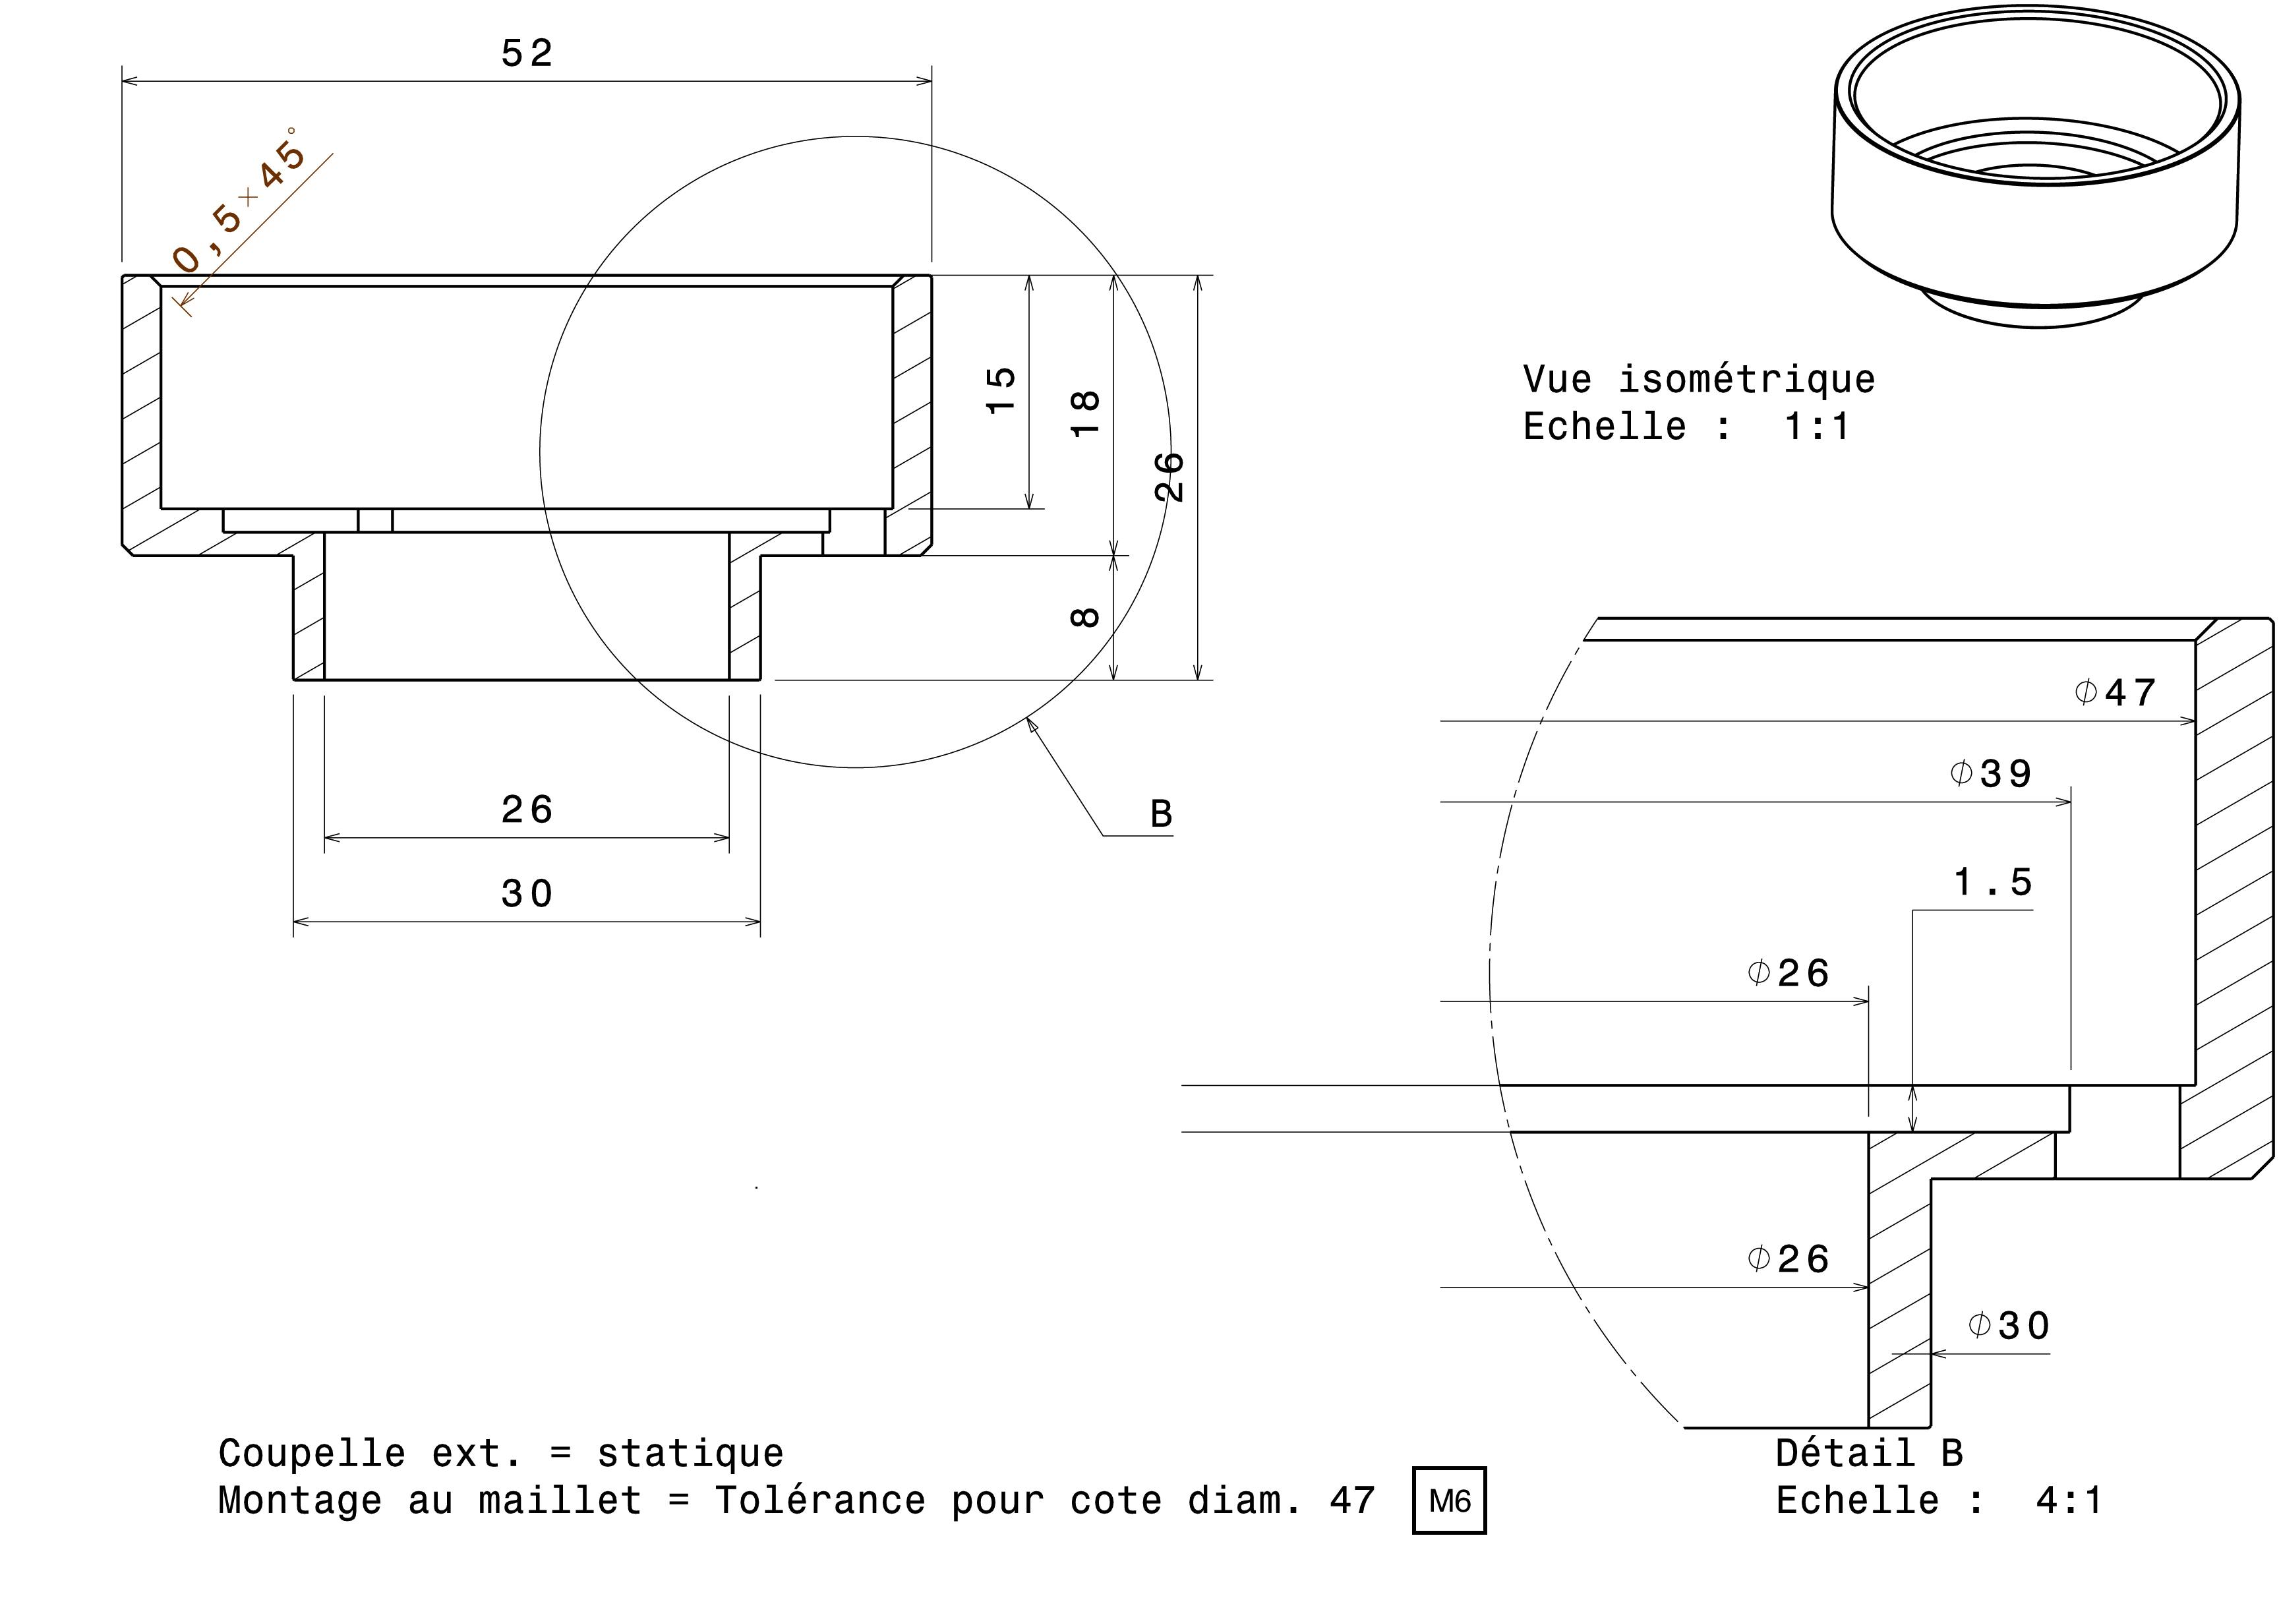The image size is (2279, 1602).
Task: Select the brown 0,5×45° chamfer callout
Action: pyautogui.click(x=238, y=202)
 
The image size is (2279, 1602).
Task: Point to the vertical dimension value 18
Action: pyautogui.click(x=1086, y=413)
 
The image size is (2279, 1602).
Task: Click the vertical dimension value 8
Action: pyautogui.click(x=1085, y=616)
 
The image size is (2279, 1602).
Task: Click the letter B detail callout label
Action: pyautogui.click(x=1160, y=815)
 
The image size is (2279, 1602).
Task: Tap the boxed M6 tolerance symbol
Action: pyautogui.click(x=1448, y=1500)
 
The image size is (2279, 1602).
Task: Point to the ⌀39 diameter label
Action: pyautogui.click(x=1991, y=774)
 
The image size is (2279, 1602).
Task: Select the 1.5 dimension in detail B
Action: pyautogui.click(x=1993, y=882)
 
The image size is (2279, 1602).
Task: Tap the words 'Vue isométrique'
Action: pyautogui.click(x=1698, y=379)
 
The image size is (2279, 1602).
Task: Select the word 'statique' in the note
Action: pyautogui.click(x=690, y=1453)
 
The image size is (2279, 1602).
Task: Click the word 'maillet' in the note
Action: pyautogui.click(x=560, y=1500)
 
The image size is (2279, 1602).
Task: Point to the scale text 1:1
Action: pyautogui.click(x=1816, y=427)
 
